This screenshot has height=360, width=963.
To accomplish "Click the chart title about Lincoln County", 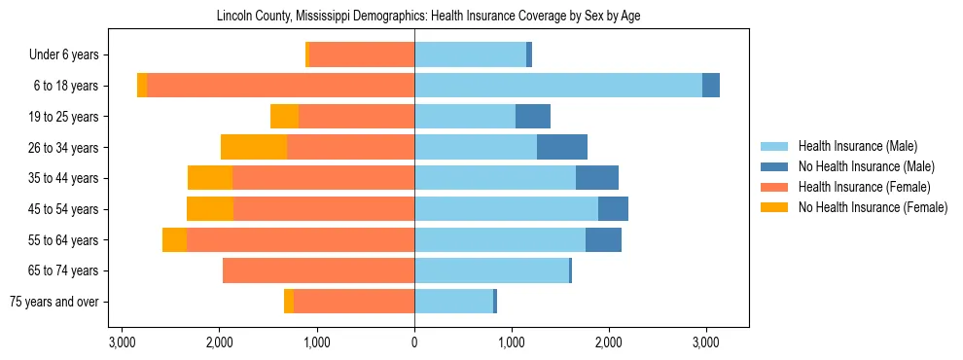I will pos(414,17).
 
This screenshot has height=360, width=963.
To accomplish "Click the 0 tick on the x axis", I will pos(414,342).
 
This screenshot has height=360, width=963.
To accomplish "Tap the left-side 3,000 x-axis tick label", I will pos(123,342).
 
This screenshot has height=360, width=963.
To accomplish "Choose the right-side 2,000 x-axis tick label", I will pos(609,342).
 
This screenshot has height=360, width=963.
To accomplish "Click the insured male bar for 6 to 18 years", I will pos(558,86).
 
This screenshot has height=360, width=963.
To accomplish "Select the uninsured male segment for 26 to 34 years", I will pos(562,147).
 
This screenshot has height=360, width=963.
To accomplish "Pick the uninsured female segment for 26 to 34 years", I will pos(254,147).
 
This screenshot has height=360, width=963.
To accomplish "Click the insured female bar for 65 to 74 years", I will pos(318,270).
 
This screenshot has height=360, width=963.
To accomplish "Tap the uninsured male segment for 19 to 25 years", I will pos(533,117).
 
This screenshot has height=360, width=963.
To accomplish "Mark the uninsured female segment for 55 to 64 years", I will pos(174,239).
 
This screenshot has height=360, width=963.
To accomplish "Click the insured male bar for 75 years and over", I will pos(453,302).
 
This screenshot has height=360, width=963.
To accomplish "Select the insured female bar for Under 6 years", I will pos(362,55).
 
